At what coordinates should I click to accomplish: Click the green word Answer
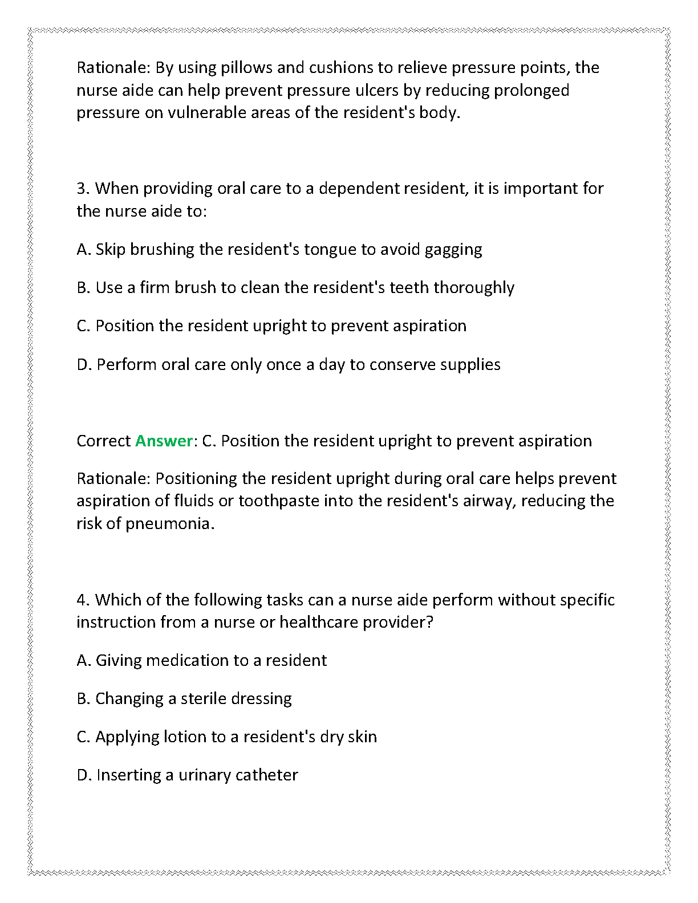tap(164, 441)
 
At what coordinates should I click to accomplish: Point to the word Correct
tap(104, 441)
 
